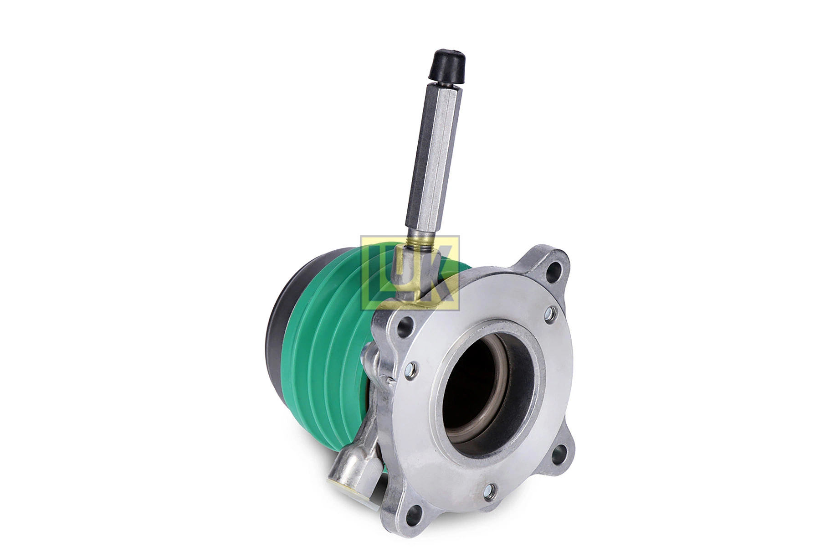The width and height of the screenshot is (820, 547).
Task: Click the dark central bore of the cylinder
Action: click(x=474, y=387)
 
